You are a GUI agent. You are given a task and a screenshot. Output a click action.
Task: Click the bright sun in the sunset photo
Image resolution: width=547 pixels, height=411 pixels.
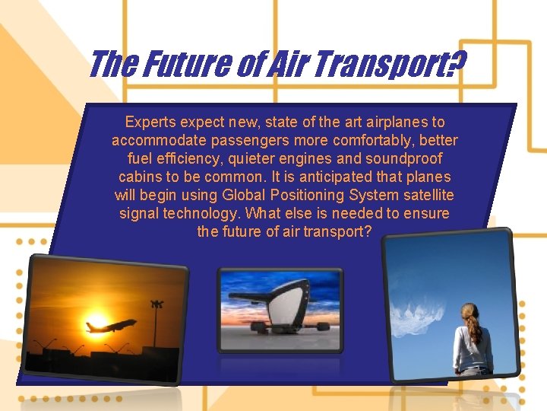[98, 322]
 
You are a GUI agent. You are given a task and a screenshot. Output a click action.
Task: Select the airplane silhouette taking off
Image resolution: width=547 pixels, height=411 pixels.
[111, 326]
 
